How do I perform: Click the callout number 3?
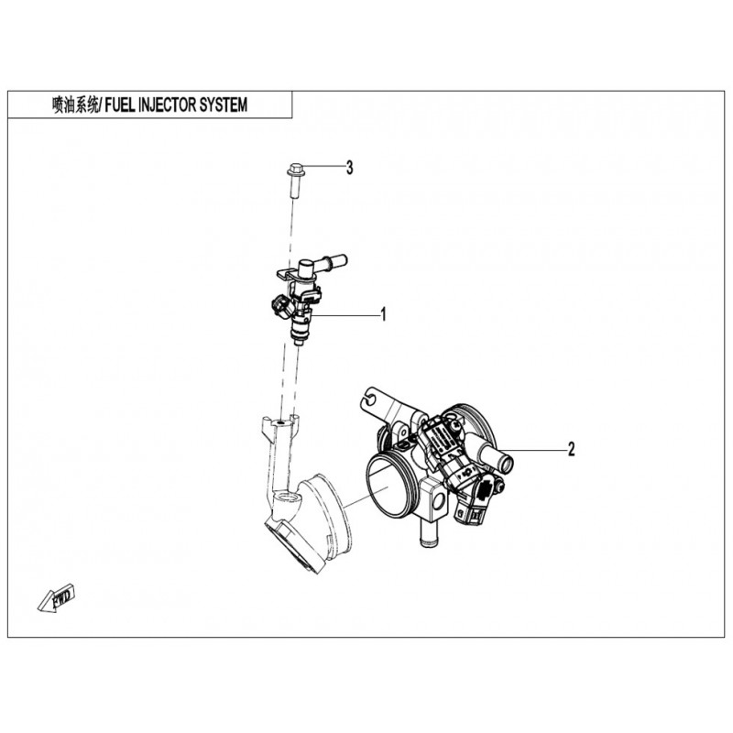tap(350, 168)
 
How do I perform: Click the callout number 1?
tap(383, 314)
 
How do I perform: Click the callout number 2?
tap(571, 449)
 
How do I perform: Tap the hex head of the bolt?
tap(294, 169)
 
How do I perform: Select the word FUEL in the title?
tap(120, 104)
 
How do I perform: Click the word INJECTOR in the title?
tap(169, 104)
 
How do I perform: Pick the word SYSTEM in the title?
tap(224, 104)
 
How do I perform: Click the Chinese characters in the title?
tap(75, 104)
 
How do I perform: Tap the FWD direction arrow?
tap(57, 597)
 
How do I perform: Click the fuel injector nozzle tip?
tap(298, 343)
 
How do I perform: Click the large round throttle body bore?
tap(388, 488)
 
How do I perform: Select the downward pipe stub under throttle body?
tap(427, 534)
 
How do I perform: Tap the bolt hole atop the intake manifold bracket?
tap(280, 422)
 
